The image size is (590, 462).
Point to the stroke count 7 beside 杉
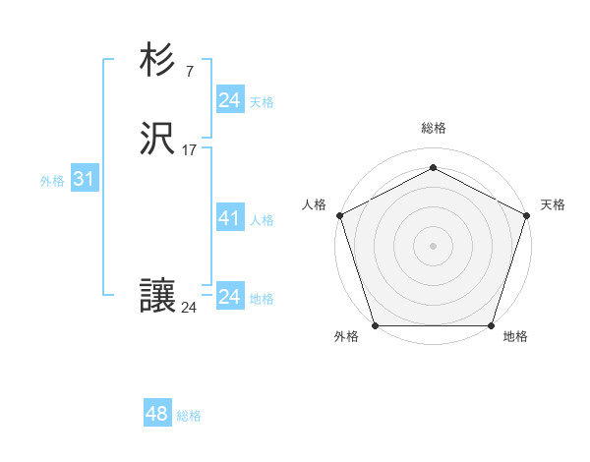pos(189,72)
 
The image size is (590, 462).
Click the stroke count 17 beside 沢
pos(189,150)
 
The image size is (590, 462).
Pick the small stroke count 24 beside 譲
pos(189,308)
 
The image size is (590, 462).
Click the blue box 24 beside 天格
pos(229,99)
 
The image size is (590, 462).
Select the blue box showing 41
pos(229,218)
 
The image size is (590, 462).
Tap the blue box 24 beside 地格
pos(229,297)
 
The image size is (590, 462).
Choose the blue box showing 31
pos(84,180)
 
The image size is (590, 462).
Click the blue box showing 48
pos(157,414)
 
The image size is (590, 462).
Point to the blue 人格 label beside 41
pos(263,220)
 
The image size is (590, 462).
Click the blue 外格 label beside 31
pos(52,181)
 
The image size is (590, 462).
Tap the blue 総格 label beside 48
pos(189,416)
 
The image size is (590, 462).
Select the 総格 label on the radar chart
pos(433,128)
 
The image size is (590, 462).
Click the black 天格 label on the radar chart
pos(553,204)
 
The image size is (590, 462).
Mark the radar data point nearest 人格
pos(339,214)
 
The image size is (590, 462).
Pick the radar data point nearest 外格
pos(375,325)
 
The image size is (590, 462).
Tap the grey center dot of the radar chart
pos(433,245)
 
